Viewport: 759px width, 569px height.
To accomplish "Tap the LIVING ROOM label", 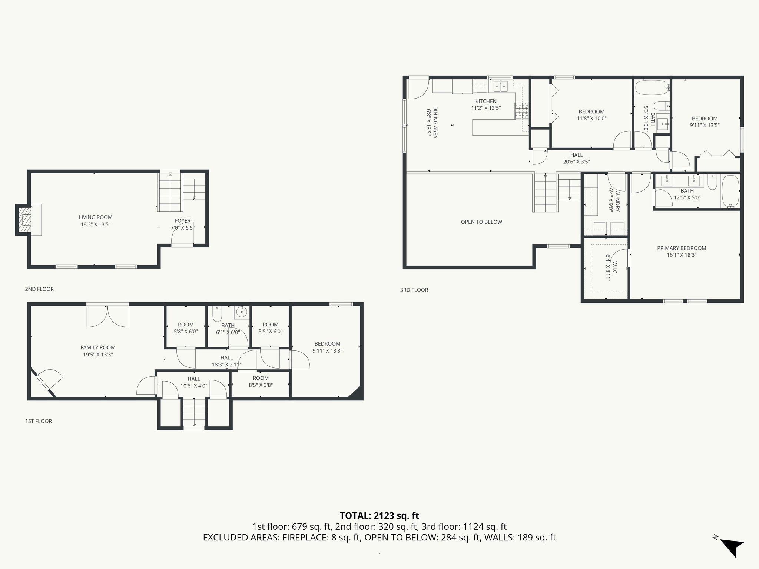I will coord(96,217).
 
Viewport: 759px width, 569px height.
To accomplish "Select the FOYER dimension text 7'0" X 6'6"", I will coord(182,228).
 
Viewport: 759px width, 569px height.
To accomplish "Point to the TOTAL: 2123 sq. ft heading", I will coord(379,515).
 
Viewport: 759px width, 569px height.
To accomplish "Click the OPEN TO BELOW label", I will coord(481,222).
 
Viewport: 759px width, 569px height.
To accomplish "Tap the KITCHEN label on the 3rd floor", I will coord(486,101).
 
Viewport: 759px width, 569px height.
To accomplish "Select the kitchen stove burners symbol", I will coord(521,110).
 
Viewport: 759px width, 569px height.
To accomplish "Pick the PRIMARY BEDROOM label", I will coord(682,248).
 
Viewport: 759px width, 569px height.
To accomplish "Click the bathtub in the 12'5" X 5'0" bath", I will coord(730,191).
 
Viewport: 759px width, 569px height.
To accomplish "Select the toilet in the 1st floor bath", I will coord(217,314).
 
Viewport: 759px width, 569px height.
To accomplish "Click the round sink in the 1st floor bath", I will coord(242,312).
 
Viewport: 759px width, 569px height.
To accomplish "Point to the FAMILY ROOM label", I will coord(98,347).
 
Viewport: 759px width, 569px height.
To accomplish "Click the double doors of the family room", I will coord(107,316).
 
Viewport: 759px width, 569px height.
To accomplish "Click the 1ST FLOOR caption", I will coord(39,421).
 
